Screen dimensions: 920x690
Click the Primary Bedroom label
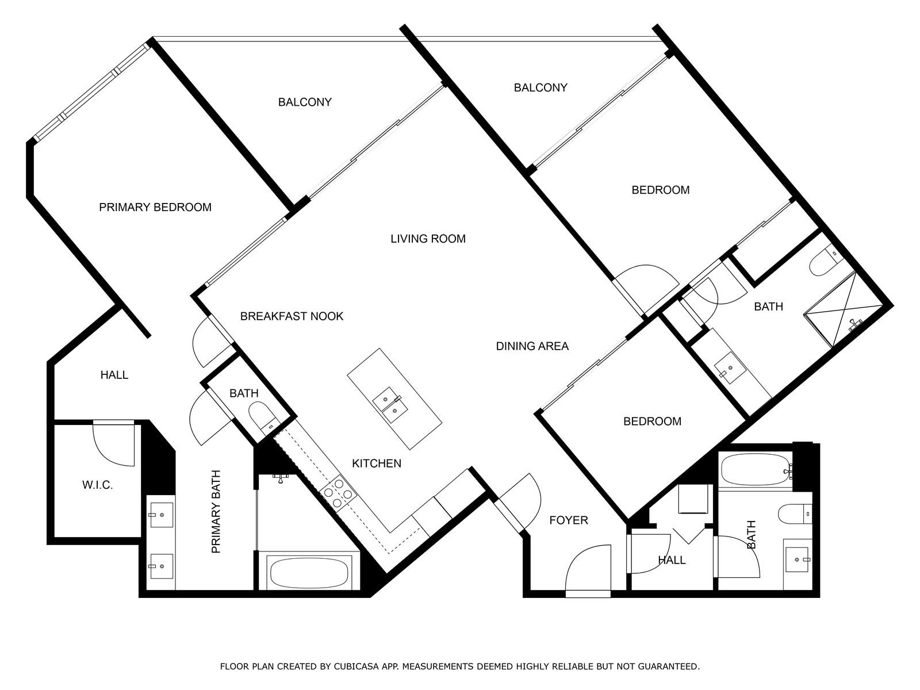pos(155,207)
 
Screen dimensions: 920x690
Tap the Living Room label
pos(428,239)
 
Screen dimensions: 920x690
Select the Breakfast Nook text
pos(292,316)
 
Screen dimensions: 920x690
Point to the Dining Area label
pos(532,346)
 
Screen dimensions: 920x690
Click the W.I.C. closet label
pos(97,485)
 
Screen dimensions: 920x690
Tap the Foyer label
pos(569,520)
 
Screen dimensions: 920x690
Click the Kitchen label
pos(377,463)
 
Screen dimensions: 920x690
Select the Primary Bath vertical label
pos(216,512)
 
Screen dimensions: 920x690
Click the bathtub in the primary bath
pos(309,573)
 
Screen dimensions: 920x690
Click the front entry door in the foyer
pos(588,570)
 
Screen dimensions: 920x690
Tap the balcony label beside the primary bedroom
pos(305,102)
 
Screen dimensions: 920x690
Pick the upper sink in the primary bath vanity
pos(162,515)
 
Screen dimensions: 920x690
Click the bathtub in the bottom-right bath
pos(756,469)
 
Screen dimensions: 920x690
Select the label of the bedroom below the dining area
pos(652,421)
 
